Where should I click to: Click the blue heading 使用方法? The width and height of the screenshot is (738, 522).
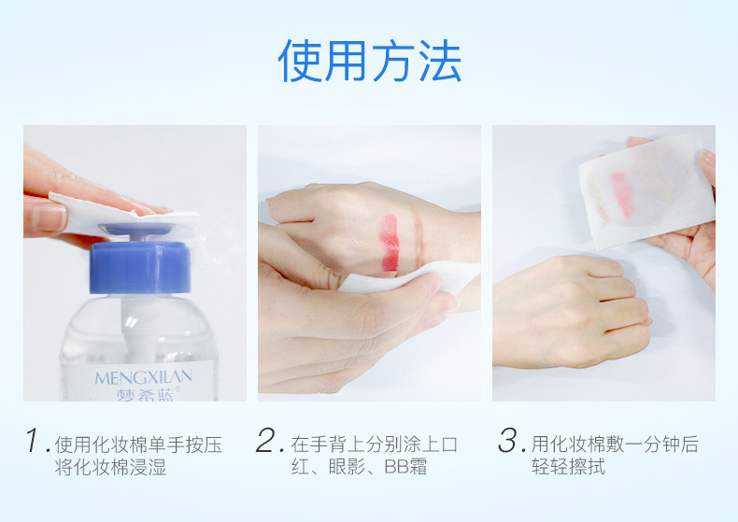tap(370, 61)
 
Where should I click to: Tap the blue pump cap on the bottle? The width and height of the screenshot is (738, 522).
tap(140, 267)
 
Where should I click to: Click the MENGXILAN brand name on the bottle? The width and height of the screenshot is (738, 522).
tap(143, 377)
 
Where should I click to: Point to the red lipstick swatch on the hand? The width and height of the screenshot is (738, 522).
tap(390, 243)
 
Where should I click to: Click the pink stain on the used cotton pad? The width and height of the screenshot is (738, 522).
tap(622, 193)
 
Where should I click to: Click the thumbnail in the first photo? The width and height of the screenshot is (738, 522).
tap(50, 219)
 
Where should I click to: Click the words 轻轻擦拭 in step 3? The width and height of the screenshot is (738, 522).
tap(568, 467)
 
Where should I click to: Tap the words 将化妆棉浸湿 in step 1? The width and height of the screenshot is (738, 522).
tap(110, 467)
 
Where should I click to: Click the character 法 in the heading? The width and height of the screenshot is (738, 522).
tap(440, 61)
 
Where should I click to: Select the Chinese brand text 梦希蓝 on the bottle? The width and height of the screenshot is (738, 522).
tap(145, 394)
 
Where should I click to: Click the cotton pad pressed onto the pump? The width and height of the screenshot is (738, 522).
tap(125, 213)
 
